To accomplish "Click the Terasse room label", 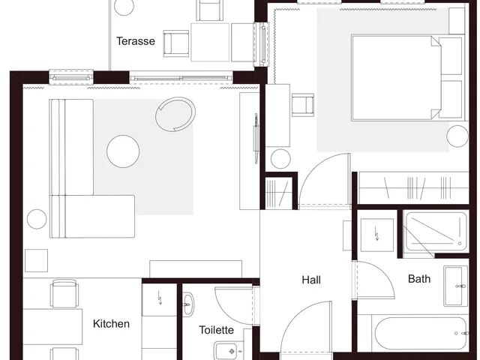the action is point(136,41).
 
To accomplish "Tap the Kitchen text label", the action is point(111,324).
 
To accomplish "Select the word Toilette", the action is point(217,330).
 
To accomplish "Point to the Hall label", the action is point(311,280).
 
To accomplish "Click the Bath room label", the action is point(419,279).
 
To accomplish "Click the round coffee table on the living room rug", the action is point(123,151).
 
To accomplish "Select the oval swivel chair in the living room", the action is point(175,114).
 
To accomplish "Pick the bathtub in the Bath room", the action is point(421,333).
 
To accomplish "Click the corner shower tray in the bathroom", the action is point(436,232).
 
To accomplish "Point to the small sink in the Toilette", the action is point(188,304).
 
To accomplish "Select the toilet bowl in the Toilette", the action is point(227,351).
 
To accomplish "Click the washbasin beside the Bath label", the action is point(456,286).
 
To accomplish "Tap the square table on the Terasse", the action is point(210,42).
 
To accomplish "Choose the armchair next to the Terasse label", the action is point(176,43).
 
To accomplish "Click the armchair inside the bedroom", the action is point(303,105).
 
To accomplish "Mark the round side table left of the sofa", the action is point(37,219).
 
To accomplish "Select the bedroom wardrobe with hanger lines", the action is point(413,187).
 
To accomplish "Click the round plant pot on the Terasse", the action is point(124,6).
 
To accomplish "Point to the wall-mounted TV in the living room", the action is point(256,139).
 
